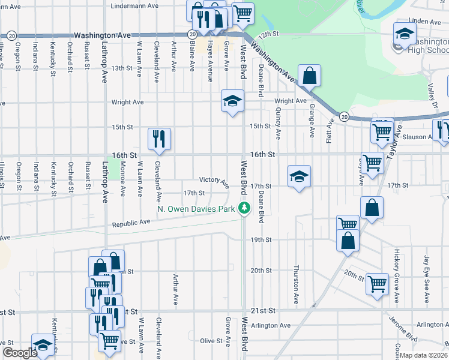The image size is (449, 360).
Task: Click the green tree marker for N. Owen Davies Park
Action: (x=244, y=208)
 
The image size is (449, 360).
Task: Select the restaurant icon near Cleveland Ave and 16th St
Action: (x=160, y=139)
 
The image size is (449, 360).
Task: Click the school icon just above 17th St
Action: (x=299, y=176)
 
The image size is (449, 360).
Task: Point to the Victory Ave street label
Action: (x=214, y=180)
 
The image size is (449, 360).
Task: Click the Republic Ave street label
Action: (x=131, y=223)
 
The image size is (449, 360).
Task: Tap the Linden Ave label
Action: (x=429, y=21)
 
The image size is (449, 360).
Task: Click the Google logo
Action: (x=20, y=353)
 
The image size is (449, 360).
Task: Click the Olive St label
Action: (x=211, y=341)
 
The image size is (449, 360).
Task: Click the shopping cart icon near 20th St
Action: (x=377, y=284)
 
